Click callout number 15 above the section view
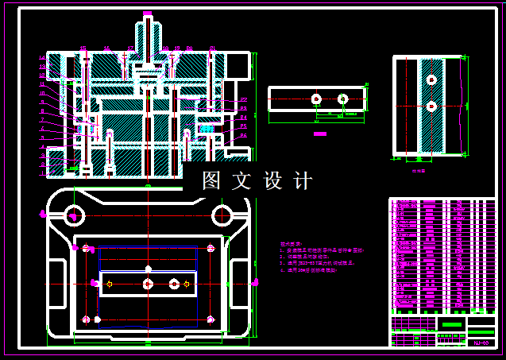83,48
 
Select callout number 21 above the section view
212,48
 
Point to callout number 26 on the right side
244,136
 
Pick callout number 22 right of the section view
244,99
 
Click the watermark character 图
211,181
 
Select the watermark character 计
303,181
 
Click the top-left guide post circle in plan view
74,215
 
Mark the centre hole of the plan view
148,283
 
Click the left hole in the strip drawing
316,99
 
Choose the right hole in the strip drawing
342,99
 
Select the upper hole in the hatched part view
431,79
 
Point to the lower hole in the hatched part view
431,106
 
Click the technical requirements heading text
292,244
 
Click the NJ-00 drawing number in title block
481,343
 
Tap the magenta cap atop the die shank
148,14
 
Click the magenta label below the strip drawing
320,134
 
